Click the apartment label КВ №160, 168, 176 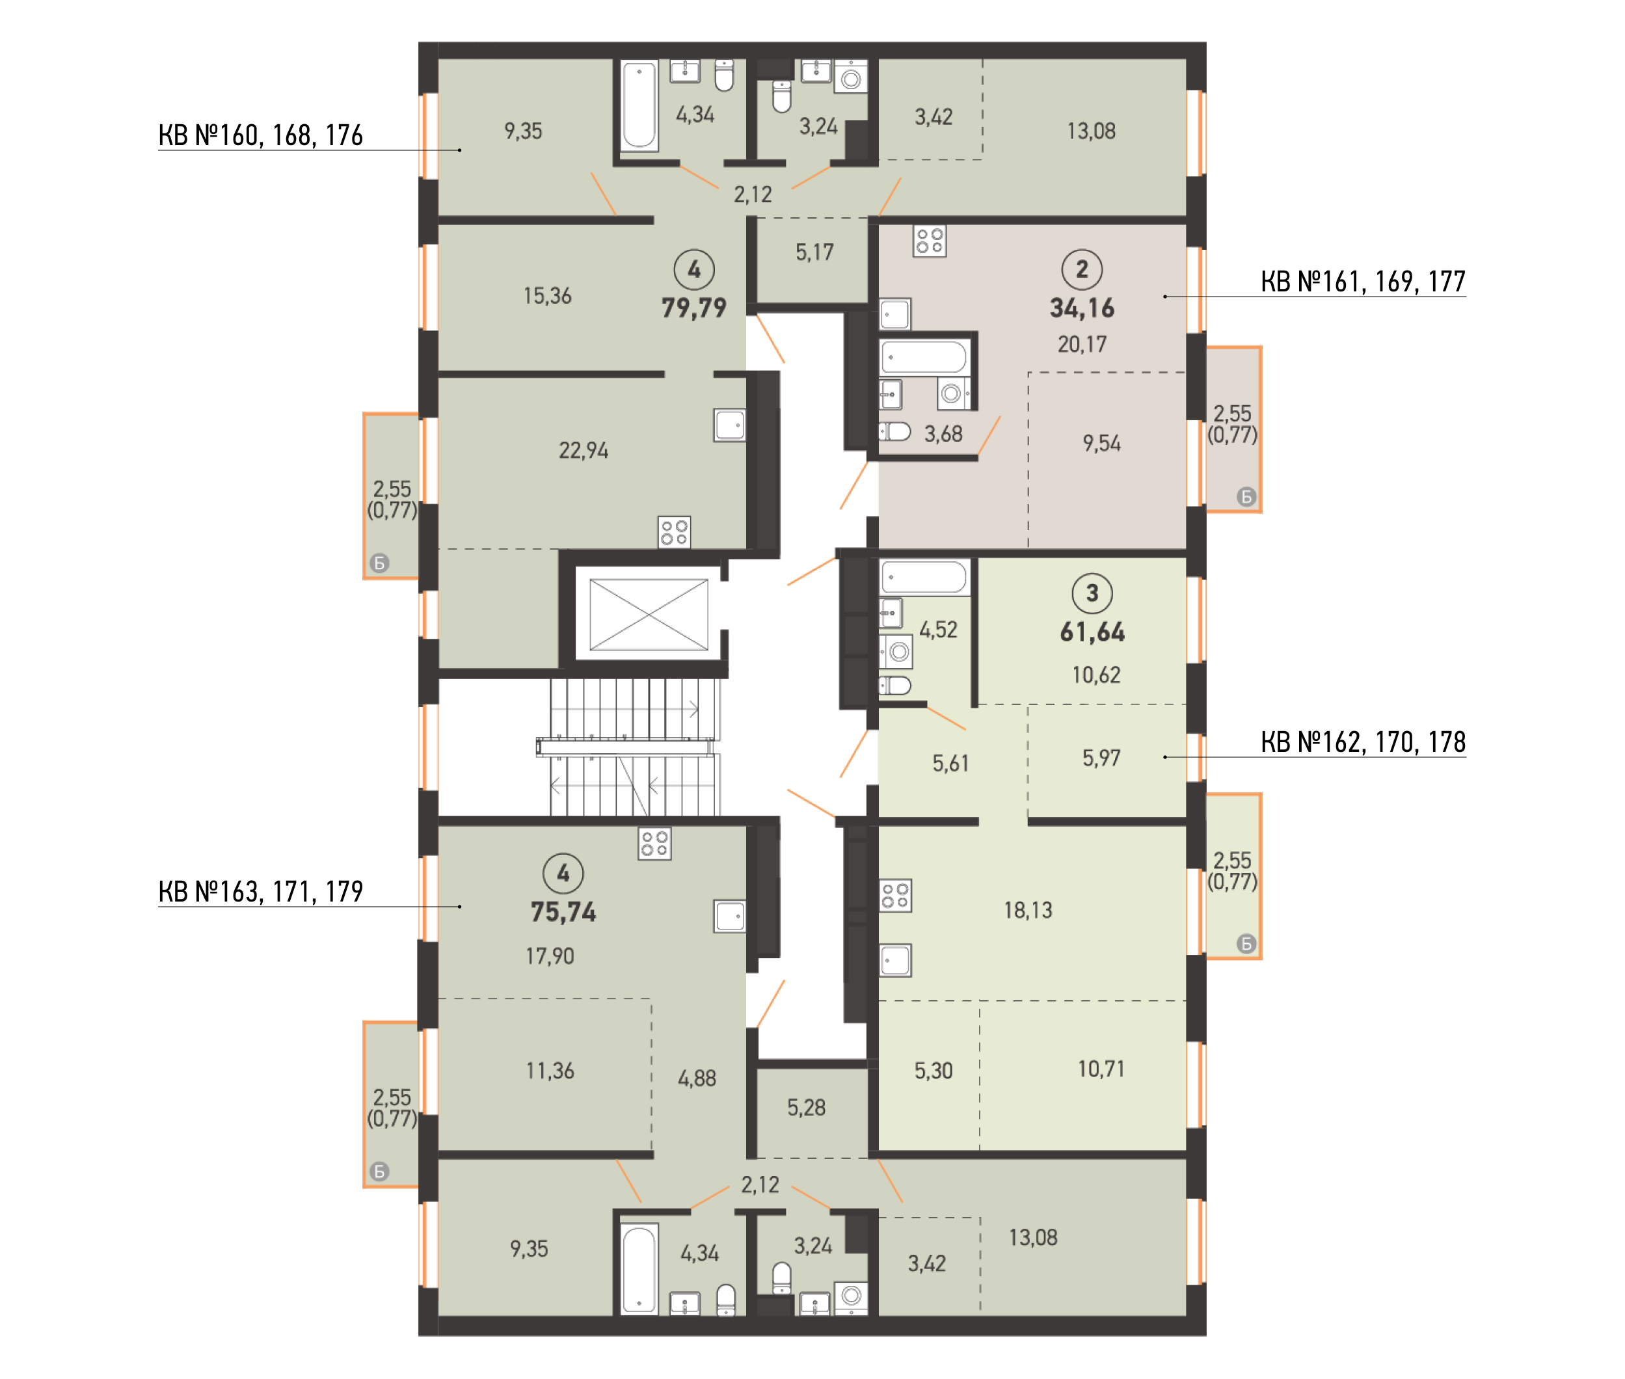[x=260, y=135]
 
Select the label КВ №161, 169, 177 [x=1362, y=282]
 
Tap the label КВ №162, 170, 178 [x=1362, y=742]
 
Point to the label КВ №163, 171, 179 [x=260, y=891]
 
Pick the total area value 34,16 [x=1082, y=308]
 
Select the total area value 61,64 [x=1092, y=632]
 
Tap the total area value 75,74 [x=563, y=911]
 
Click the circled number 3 [x=1092, y=593]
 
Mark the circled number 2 [x=1082, y=269]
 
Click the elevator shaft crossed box [x=648, y=615]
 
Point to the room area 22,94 [x=583, y=450]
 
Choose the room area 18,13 [x=1028, y=910]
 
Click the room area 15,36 [x=547, y=295]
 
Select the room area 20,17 [x=1082, y=344]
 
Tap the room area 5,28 [x=806, y=1107]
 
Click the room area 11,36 [x=550, y=1070]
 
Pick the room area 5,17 [x=814, y=252]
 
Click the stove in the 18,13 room [x=895, y=896]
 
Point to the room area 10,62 [x=1096, y=675]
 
